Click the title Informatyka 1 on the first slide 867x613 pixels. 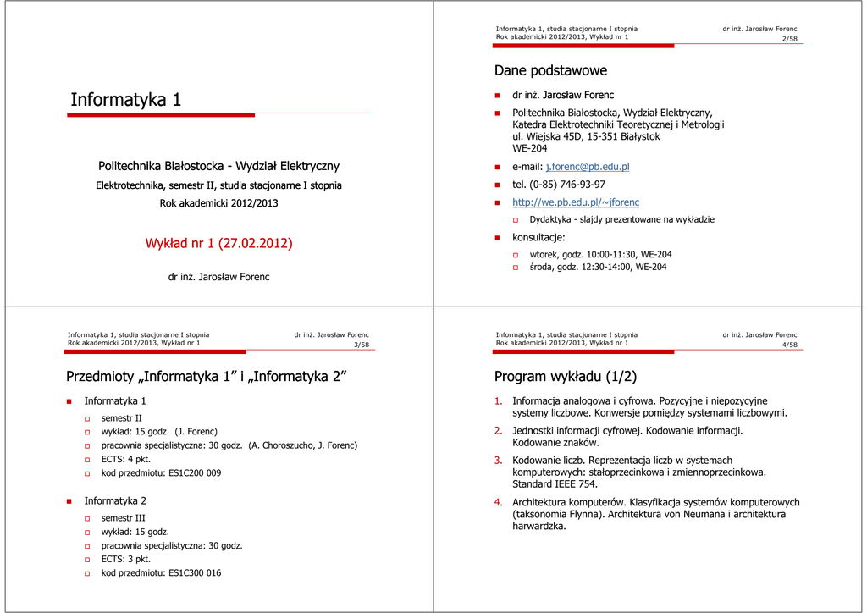pos(125,100)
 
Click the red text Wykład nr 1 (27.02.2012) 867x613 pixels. pos(218,243)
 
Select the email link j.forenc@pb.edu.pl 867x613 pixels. pos(587,167)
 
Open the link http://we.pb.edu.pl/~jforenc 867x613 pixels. pos(576,202)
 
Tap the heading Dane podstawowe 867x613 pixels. pos(550,70)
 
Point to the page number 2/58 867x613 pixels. pos(789,39)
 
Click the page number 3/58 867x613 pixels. pos(361,345)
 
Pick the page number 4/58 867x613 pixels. pos(789,345)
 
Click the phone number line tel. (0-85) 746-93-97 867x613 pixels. pos(559,185)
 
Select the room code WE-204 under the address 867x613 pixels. pos(530,148)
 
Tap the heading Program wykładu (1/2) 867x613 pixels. pos(565,377)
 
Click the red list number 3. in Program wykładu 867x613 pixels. pos(499,461)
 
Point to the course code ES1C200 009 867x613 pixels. pos(195,473)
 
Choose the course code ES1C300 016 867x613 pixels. pos(195,573)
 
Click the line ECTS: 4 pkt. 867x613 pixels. pos(126,459)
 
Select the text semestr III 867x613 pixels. pos(124,517)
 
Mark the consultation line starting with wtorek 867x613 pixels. pos(600,254)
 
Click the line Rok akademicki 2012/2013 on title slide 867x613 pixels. pos(218,203)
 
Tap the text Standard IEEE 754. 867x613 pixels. pos(555,484)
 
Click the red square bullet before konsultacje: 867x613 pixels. pos(499,238)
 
